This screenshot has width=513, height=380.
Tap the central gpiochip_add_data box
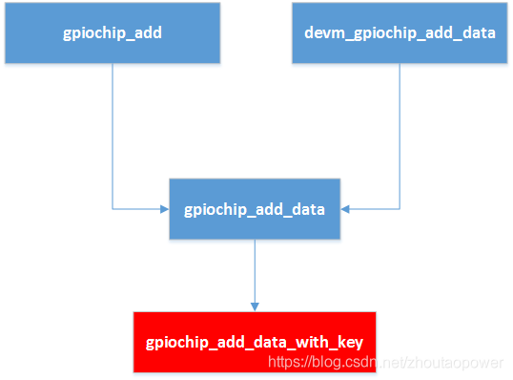255,207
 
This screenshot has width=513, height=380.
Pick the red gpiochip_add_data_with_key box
255,341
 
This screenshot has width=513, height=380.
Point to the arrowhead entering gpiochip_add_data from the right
345,207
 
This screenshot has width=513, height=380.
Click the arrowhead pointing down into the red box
255,306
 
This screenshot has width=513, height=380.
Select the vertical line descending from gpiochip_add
112,134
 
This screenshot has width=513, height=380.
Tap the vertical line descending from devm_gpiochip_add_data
400,134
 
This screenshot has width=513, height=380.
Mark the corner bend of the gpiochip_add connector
112,207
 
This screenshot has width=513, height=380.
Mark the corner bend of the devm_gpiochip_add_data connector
400,207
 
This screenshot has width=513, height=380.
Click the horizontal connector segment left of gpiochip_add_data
138,207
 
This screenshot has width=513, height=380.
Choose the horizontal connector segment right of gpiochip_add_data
374,207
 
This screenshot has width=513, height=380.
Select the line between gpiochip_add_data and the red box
255,272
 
